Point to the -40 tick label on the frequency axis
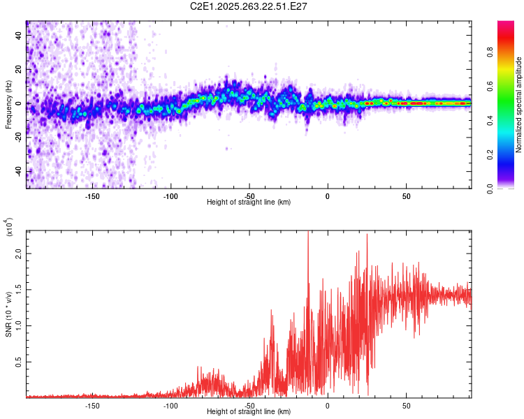pos(18,171)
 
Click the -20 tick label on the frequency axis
pos(18,138)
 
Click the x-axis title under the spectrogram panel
pos(249,203)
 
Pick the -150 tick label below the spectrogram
pos(92,196)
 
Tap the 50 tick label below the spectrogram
pos(406,196)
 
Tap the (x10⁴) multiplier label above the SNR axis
pos(9,228)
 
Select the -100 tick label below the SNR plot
pos(170,406)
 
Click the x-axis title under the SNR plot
pos(249,412)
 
